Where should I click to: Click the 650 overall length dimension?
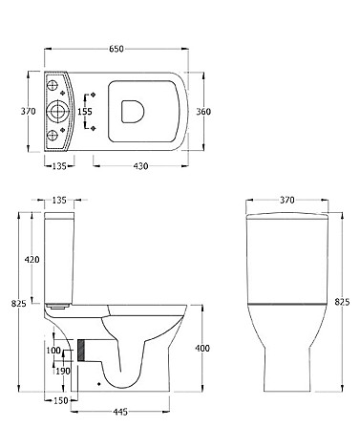(x=116, y=49)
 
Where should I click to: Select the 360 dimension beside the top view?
(x=203, y=112)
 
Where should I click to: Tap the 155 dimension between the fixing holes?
(x=85, y=112)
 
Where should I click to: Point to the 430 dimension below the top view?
(x=140, y=166)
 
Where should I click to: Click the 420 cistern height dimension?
(x=32, y=260)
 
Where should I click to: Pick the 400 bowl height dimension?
(x=202, y=349)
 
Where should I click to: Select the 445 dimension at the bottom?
(x=120, y=412)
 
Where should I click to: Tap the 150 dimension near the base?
(x=60, y=400)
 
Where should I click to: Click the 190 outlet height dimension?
(x=63, y=371)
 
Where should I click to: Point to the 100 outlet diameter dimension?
(x=53, y=351)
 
